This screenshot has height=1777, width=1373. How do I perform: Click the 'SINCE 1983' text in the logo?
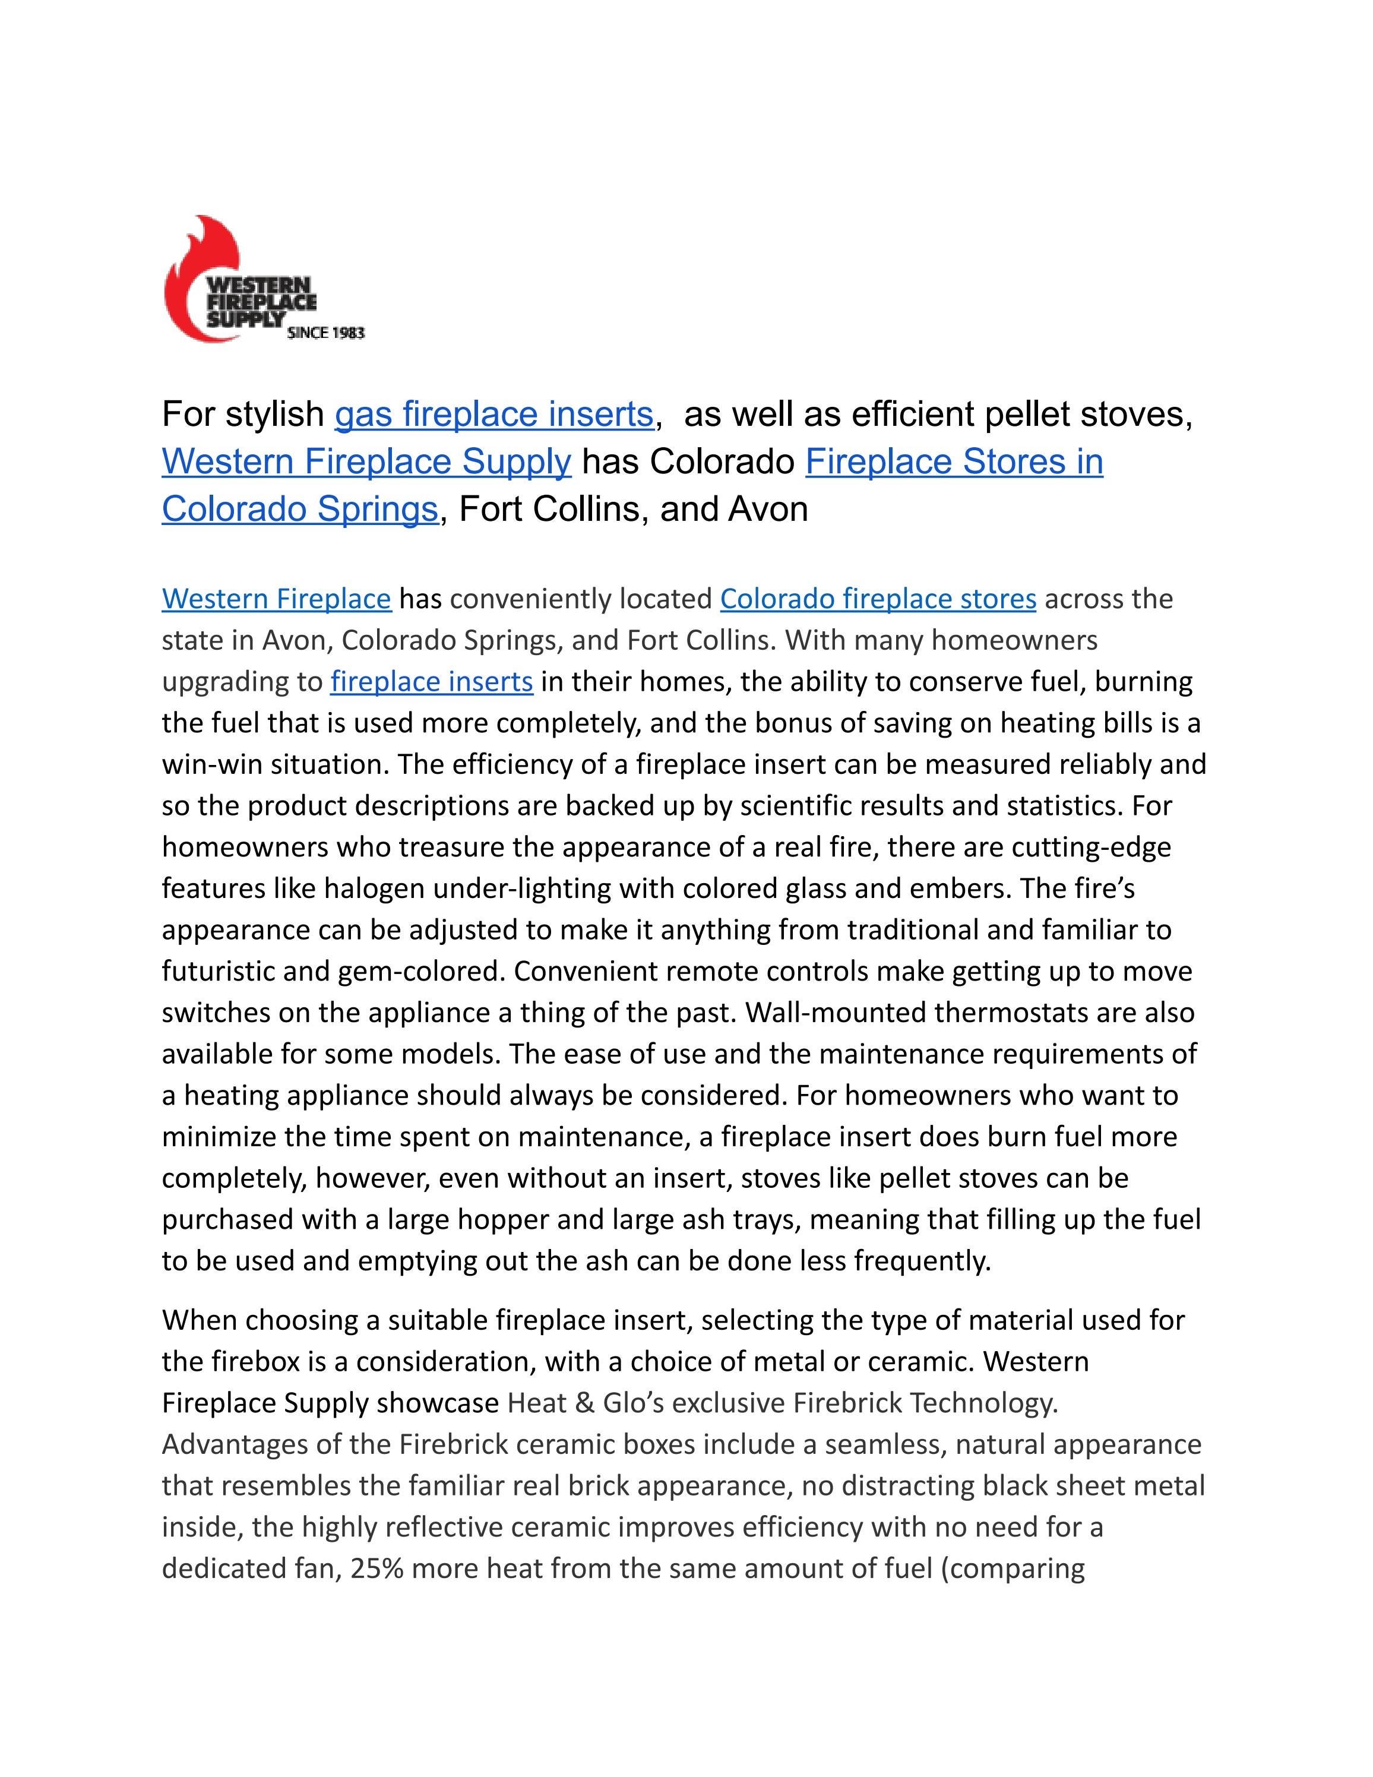click(x=325, y=333)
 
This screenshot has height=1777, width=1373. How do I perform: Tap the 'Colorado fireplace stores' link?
click(x=878, y=599)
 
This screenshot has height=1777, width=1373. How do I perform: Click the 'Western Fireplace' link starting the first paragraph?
click(x=277, y=599)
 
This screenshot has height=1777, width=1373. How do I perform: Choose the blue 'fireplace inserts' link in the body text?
click(x=431, y=681)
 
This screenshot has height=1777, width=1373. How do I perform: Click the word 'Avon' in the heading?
click(x=767, y=510)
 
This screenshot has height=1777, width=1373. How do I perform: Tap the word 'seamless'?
click(x=884, y=1444)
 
